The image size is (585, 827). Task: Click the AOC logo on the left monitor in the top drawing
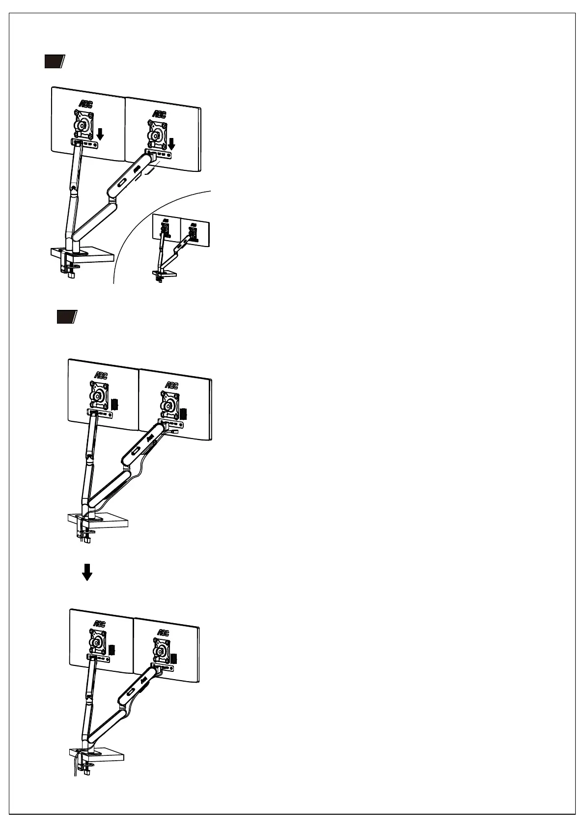86,104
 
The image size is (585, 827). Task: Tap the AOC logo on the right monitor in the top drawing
159,114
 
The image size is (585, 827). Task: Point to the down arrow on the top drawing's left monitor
100,134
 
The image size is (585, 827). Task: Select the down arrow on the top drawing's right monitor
171,144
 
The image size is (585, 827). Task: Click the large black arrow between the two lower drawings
87,572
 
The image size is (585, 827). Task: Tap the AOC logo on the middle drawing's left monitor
101,375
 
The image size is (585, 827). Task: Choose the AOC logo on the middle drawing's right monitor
171,386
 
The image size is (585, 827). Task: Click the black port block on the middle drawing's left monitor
114,404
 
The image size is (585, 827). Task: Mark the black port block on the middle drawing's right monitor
183,413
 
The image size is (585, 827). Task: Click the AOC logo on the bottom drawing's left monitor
99,624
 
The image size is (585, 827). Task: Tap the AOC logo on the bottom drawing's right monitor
163,633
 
